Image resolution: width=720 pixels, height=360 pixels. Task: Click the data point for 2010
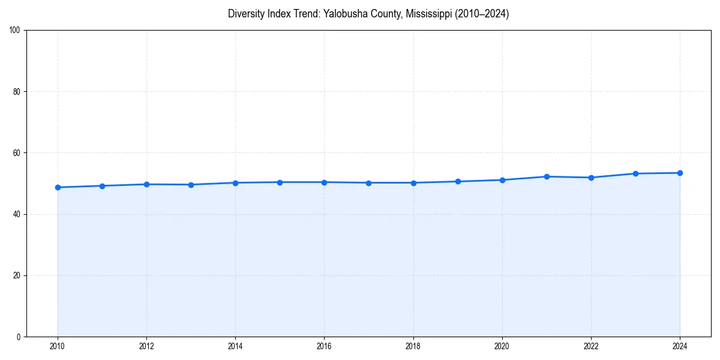pyautogui.click(x=58, y=187)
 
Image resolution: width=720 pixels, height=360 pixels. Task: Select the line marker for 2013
pyautogui.click(x=191, y=185)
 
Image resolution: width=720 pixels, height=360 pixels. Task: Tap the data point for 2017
pyautogui.click(x=368, y=183)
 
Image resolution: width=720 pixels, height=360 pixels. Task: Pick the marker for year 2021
pyautogui.click(x=547, y=176)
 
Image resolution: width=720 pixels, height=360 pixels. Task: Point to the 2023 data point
pyautogui.click(x=635, y=173)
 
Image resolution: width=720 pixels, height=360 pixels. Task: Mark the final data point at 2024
pyautogui.click(x=680, y=173)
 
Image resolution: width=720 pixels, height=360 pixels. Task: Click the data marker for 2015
pyautogui.click(x=280, y=182)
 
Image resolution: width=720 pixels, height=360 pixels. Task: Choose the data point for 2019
pyautogui.click(x=458, y=181)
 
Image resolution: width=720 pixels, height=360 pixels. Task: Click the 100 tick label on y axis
pyautogui.click(x=15, y=31)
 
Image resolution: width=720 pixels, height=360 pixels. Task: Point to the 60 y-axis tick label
pyautogui.click(x=17, y=153)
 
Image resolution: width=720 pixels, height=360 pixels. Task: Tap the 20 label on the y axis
pyautogui.click(x=17, y=275)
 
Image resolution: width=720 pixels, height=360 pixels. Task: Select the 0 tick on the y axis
pyautogui.click(x=19, y=337)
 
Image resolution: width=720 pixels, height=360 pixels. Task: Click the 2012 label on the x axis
pyautogui.click(x=146, y=346)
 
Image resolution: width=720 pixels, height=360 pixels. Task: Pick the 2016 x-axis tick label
pyautogui.click(x=324, y=346)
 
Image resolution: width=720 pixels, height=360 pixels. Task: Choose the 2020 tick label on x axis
pyautogui.click(x=502, y=346)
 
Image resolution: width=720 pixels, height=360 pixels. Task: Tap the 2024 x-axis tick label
pyautogui.click(x=680, y=346)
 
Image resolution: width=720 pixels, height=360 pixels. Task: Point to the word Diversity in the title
pyautogui.click(x=246, y=14)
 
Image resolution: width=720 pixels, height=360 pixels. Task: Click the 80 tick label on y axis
pyautogui.click(x=17, y=92)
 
